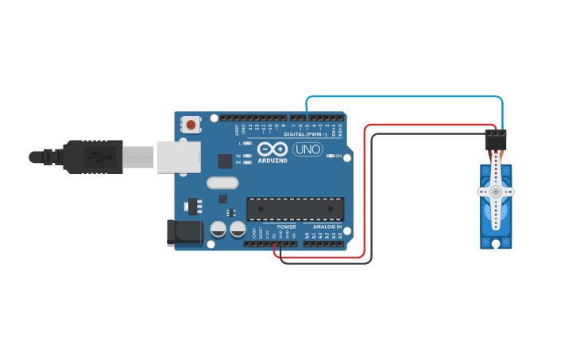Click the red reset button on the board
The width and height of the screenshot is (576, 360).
point(191,124)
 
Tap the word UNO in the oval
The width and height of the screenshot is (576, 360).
point(307,149)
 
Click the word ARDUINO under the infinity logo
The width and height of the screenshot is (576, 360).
point(272,161)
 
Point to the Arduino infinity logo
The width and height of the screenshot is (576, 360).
point(272,149)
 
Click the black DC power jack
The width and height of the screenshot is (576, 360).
point(182,232)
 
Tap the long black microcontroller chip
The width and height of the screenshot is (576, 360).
point(295,209)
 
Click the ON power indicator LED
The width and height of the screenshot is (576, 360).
point(331,156)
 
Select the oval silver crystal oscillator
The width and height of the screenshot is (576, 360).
point(222,183)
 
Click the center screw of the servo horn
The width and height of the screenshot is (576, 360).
point(496,192)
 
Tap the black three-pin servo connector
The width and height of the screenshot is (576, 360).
point(496,140)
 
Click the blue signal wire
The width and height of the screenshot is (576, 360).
point(405,97)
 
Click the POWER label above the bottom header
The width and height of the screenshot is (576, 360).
point(286,226)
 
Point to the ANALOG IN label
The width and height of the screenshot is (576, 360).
point(327,226)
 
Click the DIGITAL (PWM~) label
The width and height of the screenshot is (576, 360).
point(305,134)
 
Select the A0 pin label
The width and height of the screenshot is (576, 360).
point(307,236)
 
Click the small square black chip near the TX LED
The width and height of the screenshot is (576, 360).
point(225,161)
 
